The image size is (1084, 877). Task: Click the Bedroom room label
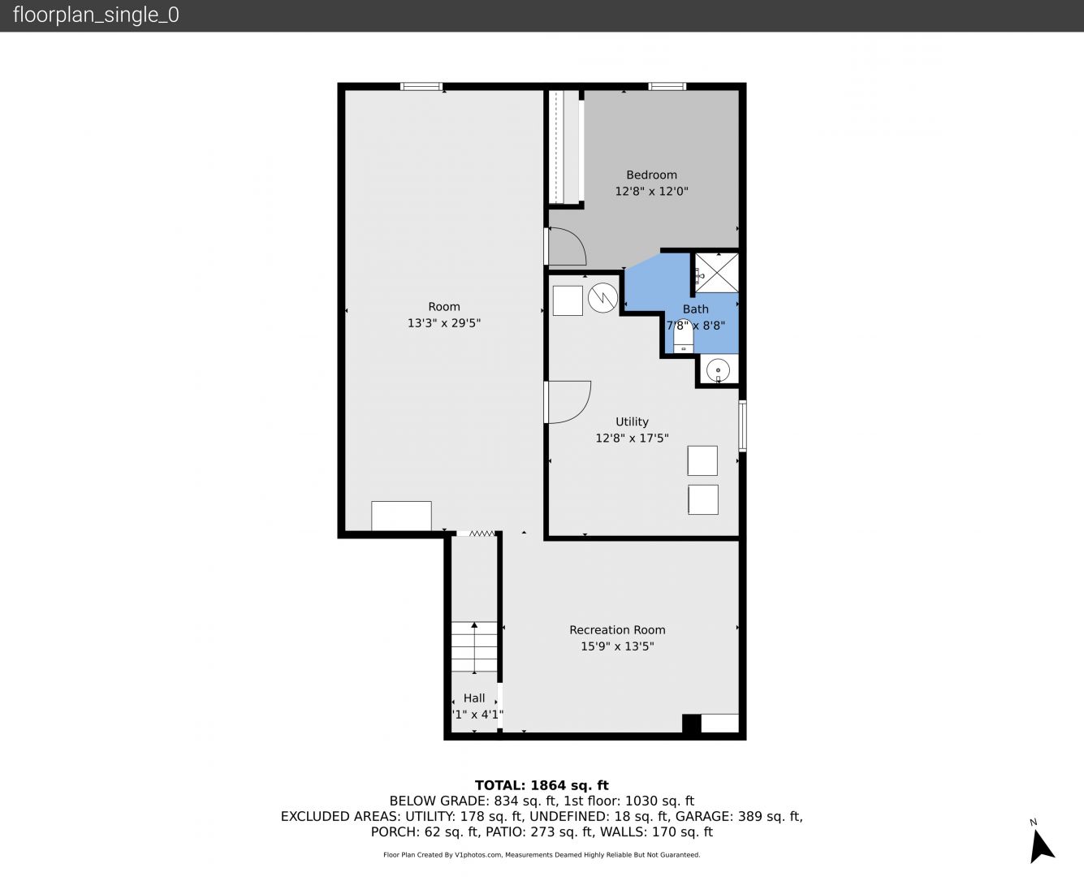pos(651,175)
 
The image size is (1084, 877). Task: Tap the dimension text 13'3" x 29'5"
pos(444,322)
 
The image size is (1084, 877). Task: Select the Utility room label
pos(632,421)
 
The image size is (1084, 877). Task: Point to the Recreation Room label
pos(617,629)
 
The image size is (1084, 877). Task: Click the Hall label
pos(474,698)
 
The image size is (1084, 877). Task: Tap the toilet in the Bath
pos(683,336)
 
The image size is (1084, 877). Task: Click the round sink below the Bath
pos(718,369)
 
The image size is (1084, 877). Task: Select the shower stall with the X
pos(716,273)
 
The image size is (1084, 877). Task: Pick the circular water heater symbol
pos(602,298)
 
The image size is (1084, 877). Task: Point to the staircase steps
pos(474,647)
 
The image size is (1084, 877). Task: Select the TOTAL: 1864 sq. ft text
pos(542,785)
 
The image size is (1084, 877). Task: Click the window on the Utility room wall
pos(742,426)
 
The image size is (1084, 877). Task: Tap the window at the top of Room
pos(421,87)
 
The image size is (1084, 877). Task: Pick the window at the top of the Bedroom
pos(667,87)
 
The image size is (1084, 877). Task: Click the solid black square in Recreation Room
pos(692,724)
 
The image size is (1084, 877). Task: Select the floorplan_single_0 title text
pos(96,15)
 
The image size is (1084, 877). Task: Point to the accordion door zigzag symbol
pos(482,534)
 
